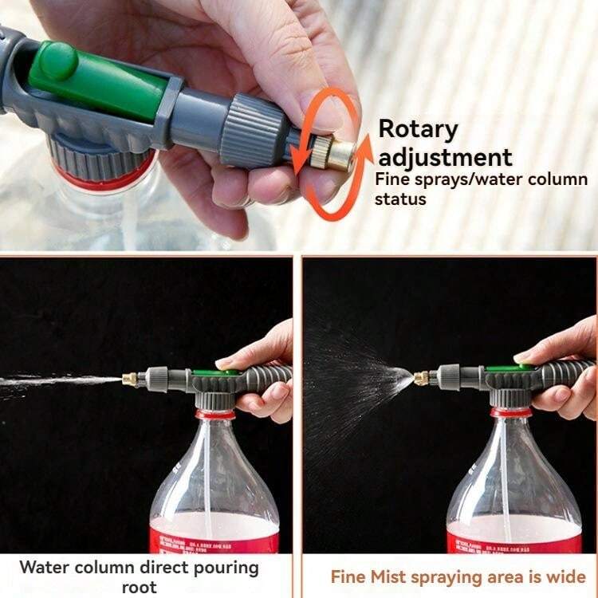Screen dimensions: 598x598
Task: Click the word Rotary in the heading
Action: (418, 129)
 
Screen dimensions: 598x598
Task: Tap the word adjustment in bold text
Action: (445, 155)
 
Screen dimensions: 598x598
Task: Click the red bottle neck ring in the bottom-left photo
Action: (215, 414)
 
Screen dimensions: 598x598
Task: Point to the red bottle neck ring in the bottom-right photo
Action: (511, 412)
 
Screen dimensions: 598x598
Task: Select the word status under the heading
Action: (400, 199)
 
